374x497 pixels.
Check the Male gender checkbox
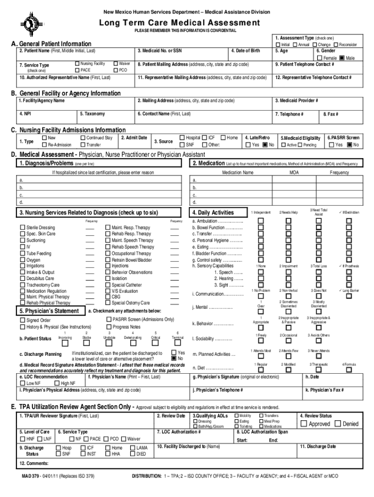[x=342, y=58]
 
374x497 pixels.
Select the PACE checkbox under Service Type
[x=77, y=70]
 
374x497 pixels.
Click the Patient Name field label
[x=57, y=51]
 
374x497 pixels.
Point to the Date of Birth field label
[x=245, y=51]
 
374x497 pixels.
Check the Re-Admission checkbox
[x=45, y=145]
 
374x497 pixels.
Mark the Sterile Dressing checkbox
[x=22, y=228]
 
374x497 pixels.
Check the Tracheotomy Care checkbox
[x=22, y=285]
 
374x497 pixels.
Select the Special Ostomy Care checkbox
[x=108, y=303]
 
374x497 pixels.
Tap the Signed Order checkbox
[x=22, y=320]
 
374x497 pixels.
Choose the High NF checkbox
[x=57, y=383]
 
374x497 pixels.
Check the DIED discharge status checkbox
[x=133, y=454]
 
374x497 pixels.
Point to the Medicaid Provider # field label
[x=296, y=100]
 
